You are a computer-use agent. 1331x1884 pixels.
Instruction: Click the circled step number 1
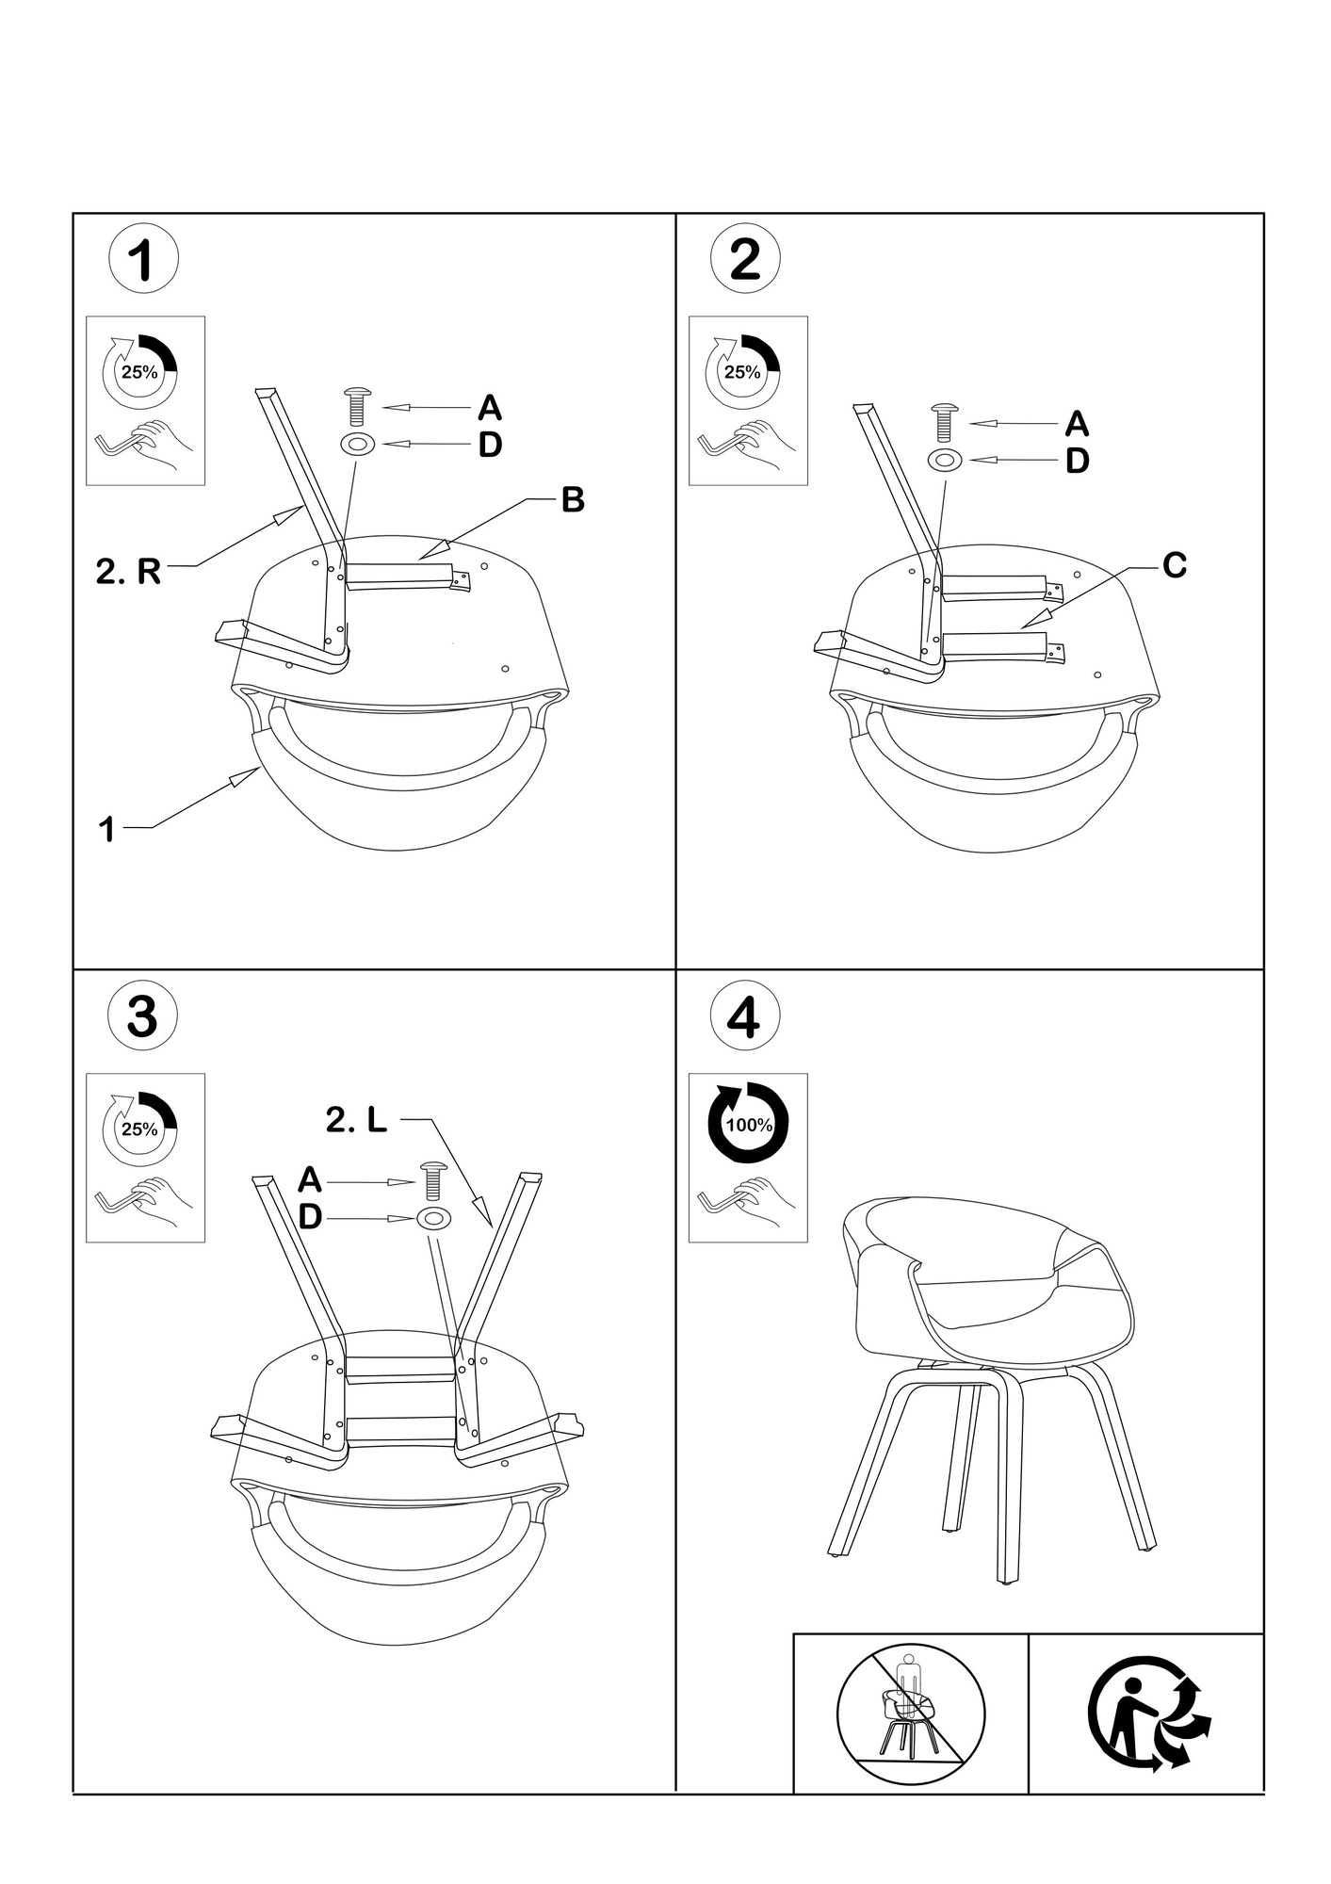[143, 260]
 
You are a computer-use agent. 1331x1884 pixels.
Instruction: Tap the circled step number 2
[745, 260]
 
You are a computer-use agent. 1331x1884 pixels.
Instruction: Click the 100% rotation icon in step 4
[748, 1124]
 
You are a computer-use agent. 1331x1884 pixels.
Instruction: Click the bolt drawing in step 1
[358, 406]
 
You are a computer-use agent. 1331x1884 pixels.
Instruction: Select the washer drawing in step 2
[945, 461]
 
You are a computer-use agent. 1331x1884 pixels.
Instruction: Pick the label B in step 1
[573, 500]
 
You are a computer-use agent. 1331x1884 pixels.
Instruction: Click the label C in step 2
[1175, 566]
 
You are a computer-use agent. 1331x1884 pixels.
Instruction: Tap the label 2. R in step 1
[128, 571]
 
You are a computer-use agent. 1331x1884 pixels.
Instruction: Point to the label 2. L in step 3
[356, 1120]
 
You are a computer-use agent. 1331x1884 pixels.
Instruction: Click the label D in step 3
[310, 1218]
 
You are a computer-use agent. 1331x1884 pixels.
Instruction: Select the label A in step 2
[1077, 425]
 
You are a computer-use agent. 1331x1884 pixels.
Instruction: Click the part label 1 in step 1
[107, 830]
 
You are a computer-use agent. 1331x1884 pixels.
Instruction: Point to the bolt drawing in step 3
[432, 1180]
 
